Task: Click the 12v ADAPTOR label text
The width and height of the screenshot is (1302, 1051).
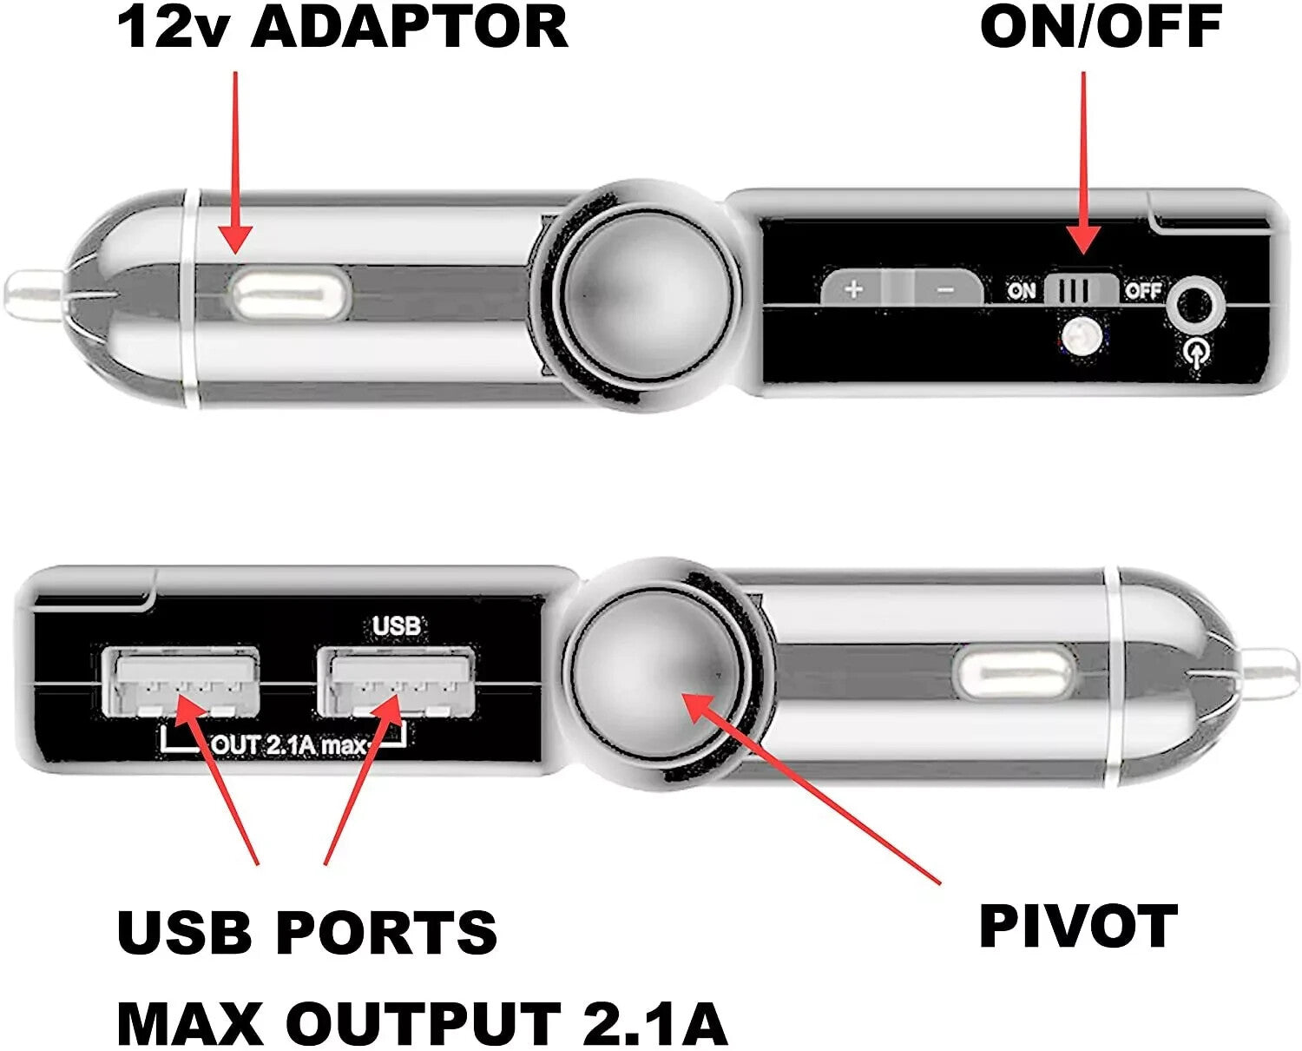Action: [342, 27]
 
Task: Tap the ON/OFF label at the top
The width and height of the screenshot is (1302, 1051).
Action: [1101, 27]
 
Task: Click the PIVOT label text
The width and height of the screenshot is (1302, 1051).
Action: [1078, 927]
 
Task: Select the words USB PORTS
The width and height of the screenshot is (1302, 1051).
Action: [306, 932]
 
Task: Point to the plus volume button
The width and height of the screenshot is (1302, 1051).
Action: [854, 288]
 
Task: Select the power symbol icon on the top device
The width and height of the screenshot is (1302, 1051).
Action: [1197, 354]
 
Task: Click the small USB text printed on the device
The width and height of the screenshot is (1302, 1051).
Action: [396, 625]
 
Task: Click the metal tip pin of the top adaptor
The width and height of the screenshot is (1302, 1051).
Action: [33, 292]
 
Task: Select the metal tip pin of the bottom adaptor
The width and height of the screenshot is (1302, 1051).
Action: [1271, 672]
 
